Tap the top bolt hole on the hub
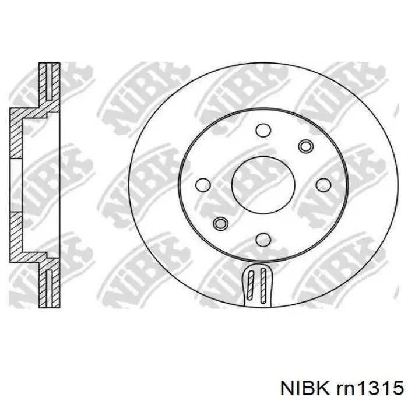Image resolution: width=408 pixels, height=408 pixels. (x=262, y=129)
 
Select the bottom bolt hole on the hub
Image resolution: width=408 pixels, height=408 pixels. (x=262, y=238)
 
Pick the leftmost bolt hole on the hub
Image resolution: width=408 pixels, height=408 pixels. (x=203, y=185)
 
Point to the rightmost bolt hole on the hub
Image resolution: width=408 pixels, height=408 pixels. (x=322, y=185)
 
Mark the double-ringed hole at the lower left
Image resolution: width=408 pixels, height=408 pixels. (x=220, y=223)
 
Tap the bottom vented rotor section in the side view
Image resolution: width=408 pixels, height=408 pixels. (x=48, y=285)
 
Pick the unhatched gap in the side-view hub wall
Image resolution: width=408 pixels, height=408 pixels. (x=15, y=184)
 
